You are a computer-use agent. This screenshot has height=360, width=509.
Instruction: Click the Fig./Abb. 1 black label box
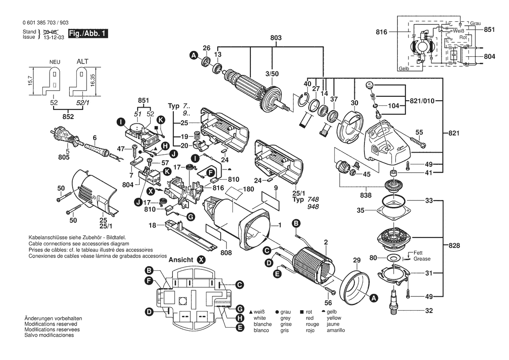coord(87,34)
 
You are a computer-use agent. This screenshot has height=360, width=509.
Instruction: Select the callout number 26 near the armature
coord(206,48)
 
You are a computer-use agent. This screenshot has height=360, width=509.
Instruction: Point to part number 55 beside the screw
coord(419,132)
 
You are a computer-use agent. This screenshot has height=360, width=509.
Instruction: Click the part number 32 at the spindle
coord(429,311)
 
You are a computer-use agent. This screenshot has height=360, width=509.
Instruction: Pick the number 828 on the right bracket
coord(454,246)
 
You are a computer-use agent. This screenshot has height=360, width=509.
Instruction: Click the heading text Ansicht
coord(181,259)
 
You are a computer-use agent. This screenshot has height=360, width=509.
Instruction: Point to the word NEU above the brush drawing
coord(54,62)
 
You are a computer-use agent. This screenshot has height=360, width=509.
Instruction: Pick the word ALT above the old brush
coord(82,61)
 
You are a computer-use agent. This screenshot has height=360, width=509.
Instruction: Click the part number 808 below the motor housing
coord(226,251)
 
